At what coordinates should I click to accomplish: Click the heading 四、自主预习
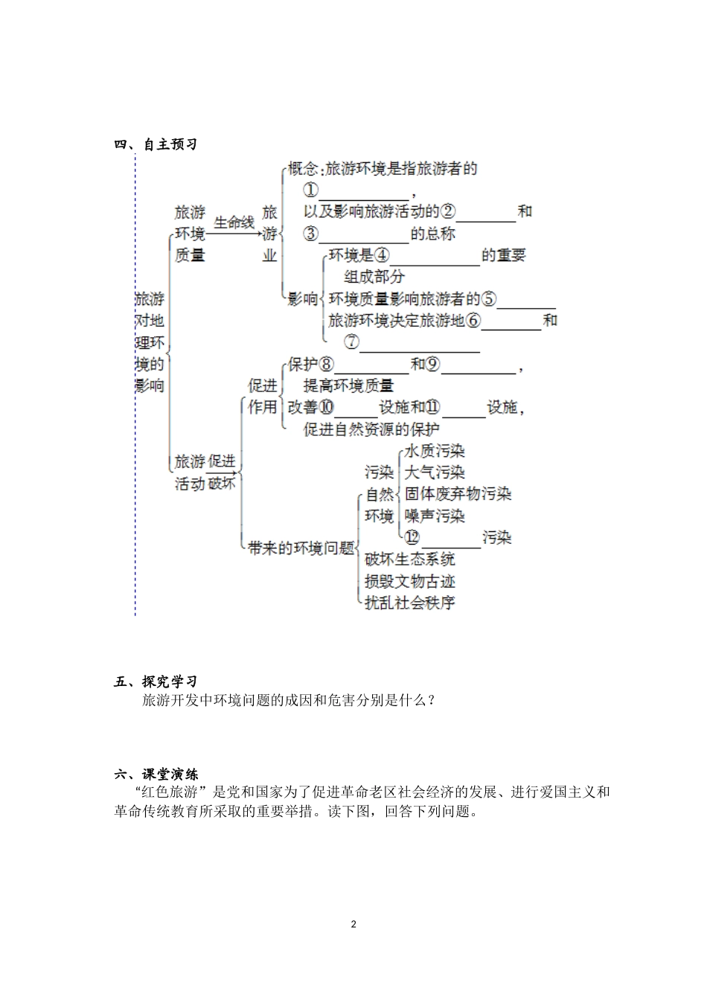pyautogui.click(x=156, y=144)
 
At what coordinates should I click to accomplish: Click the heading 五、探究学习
pyautogui.click(x=156, y=682)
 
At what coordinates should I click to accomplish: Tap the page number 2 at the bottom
pyautogui.click(x=353, y=924)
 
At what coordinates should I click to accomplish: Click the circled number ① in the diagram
pyautogui.click(x=311, y=190)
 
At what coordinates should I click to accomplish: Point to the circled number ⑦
pyautogui.click(x=351, y=342)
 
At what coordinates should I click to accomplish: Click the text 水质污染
pyautogui.click(x=435, y=451)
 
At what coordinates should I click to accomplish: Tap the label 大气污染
pyautogui.click(x=435, y=472)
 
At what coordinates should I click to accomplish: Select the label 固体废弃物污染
pyautogui.click(x=458, y=494)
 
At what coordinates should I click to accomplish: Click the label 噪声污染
pyautogui.click(x=435, y=516)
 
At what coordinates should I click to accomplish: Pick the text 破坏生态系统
pyautogui.click(x=410, y=560)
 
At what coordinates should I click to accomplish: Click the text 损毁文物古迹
pyautogui.click(x=410, y=581)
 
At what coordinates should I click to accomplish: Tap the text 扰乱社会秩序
pyautogui.click(x=410, y=603)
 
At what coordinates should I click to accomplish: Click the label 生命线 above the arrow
pyautogui.click(x=234, y=222)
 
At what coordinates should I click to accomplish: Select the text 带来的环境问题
pyautogui.click(x=301, y=548)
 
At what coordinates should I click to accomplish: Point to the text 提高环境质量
pyautogui.click(x=348, y=385)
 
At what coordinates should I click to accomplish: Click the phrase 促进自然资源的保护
pyautogui.click(x=371, y=429)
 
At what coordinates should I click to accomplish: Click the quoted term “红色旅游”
pyautogui.click(x=170, y=792)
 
